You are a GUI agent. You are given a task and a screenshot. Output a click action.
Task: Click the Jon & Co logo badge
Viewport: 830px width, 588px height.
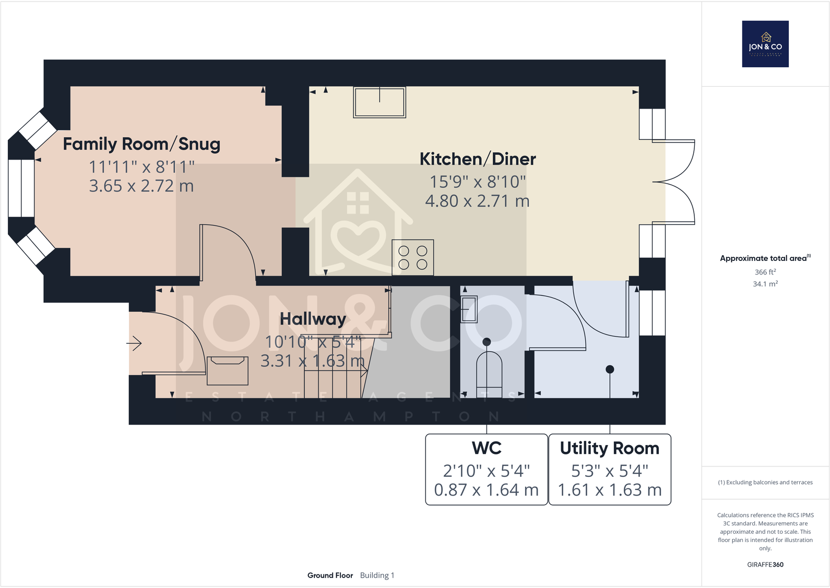click(765, 44)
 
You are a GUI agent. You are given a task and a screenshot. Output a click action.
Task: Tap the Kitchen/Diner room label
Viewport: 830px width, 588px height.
click(477, 159)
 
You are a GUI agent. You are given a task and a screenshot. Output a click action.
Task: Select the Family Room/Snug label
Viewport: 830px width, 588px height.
click(141, 144)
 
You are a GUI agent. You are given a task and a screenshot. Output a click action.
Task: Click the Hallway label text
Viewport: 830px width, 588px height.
click(313, 319)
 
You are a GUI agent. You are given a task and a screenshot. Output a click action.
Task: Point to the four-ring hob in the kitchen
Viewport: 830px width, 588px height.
click(412, 258)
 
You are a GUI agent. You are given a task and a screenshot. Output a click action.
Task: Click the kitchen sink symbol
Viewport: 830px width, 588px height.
click(380, 102)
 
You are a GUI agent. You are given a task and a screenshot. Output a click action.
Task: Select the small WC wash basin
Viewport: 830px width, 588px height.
click(469, 309)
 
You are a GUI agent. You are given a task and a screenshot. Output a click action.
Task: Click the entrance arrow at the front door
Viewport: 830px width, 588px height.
click(134, 343)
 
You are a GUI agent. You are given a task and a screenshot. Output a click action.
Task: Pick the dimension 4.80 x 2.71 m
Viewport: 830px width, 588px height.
click(477, 201)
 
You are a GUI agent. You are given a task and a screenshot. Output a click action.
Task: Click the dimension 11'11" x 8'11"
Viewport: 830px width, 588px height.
click(141, 167)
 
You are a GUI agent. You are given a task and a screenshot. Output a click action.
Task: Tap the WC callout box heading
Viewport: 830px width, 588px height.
click(487, 448)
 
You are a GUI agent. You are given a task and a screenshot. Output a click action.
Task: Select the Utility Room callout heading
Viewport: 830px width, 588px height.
click(609, 448)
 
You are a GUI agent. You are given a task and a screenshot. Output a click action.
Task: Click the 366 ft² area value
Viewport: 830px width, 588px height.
click(765, 272)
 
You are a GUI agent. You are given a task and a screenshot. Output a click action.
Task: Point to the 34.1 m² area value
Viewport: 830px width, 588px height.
click(765, 284)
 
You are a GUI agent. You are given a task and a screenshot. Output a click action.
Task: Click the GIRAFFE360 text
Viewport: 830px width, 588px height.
click(765, 565)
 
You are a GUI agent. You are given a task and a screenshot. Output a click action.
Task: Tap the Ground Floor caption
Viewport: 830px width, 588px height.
click(330, 575)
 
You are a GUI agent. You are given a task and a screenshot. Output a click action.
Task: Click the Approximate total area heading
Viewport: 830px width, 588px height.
click(764, 258)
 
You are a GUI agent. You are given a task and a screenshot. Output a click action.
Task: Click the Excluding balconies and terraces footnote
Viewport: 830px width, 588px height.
click(765, 483)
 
